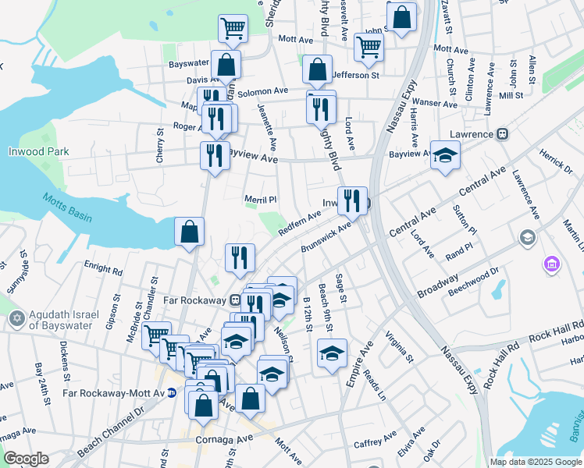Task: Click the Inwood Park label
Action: tap(36, 151)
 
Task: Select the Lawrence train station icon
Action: tap(502, 133)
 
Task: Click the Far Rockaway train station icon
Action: tap(234, 300)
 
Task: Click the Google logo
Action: tap(26, 459)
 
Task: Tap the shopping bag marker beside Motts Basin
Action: tap(189, 232)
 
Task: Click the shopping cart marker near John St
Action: tap(369, 47)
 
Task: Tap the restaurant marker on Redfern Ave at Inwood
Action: tap(353, 201)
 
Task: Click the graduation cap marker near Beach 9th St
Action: tap(332, 353)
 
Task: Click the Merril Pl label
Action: tap(261, 200)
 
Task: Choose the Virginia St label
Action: tap(398, 349)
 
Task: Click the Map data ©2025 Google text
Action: tap(536, 462)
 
